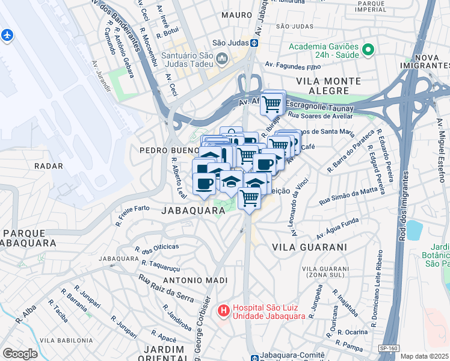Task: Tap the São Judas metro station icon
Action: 254,43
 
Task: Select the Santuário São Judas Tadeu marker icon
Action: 223,59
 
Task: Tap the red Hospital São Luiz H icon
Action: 223,311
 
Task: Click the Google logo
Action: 20,354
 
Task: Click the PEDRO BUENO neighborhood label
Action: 169,150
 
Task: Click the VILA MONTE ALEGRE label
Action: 328,85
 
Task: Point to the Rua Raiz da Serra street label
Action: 167,287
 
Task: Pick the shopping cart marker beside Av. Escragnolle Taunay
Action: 272,103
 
